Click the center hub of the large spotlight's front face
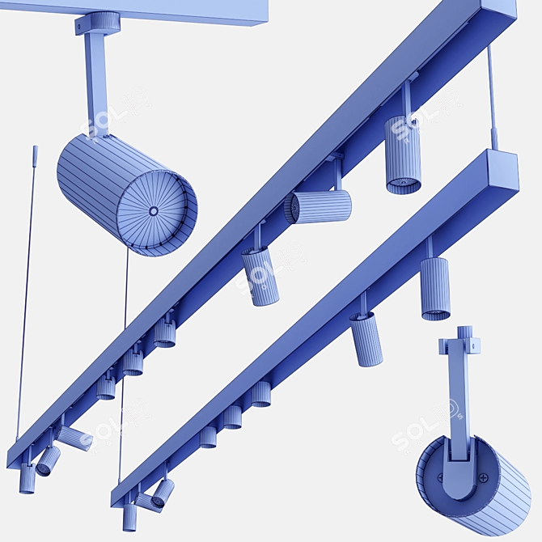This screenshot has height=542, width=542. pyautogui.click(x=154, y=211)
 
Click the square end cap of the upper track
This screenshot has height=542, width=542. pyautogui.click(x=499, y=11)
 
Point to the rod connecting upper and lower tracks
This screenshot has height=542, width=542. pyautogui.click(x=492, y=97)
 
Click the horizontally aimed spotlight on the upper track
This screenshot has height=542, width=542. pyautogui.click(x=319, y=206)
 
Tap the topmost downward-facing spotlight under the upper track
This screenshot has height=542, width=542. pyautogui.click(x=403, y=154)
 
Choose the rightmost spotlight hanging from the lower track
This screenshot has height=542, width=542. pyautogui.click(x=435, y=288)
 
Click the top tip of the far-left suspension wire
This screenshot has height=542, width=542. pyautogui.click(x=35, y=148)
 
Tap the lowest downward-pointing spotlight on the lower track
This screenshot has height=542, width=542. pyautogui.click(x=129, y=517)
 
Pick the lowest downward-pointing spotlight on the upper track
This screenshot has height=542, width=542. pyautogui.click(x=27, y=481)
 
